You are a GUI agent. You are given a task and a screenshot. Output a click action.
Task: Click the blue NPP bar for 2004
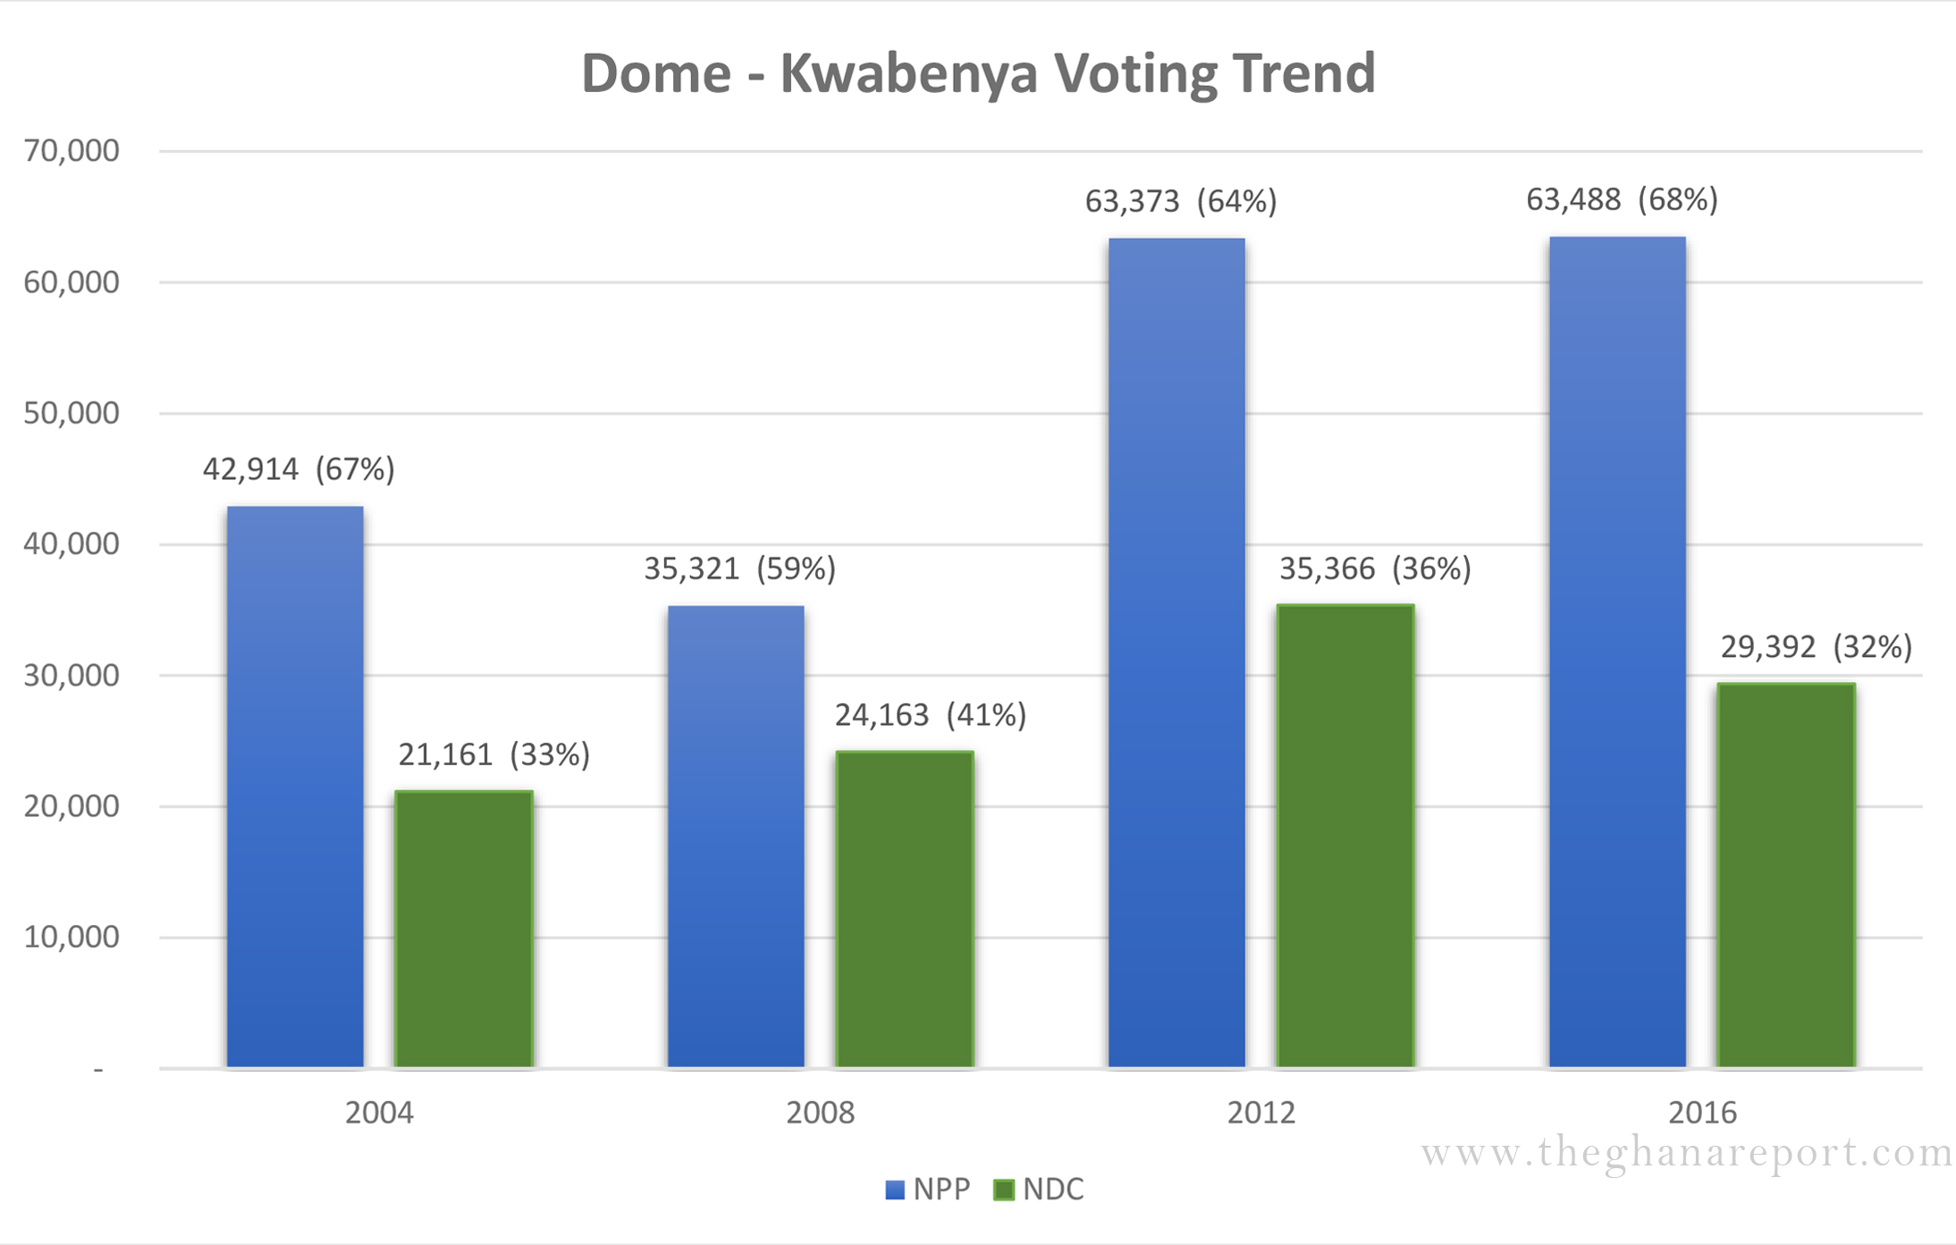coord(295,787)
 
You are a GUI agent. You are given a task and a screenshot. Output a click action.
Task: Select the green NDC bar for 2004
coord(464,929)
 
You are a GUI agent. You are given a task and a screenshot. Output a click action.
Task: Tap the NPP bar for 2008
coord(736,837)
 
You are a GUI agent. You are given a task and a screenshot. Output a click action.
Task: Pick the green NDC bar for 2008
coord(905,909)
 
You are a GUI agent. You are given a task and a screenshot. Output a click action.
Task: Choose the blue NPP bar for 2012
coord(1176,652)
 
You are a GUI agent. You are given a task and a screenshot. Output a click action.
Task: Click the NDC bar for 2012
coord(1345,836)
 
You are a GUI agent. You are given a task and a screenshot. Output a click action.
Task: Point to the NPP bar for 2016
coord(1617,652)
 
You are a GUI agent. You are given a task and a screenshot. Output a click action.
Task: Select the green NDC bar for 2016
coord(1786,875)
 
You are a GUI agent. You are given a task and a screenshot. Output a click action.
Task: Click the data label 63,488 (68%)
coord(1622,199)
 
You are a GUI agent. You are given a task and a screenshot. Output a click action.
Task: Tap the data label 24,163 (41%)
coord(931,715)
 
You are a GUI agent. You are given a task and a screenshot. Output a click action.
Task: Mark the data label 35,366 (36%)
coord(1375,568)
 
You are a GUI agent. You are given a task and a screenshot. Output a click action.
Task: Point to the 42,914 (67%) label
coord(299,469)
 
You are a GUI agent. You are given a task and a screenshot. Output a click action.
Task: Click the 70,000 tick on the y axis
coord(72,151)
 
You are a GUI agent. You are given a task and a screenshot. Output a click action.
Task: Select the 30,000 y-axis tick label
coord(72,676)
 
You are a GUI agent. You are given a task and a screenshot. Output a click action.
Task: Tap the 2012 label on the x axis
coord(1260,1113)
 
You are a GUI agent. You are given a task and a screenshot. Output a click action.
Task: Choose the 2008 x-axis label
coord(820,1113)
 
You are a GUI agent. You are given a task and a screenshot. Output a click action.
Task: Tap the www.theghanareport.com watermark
coord(1687,1154)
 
